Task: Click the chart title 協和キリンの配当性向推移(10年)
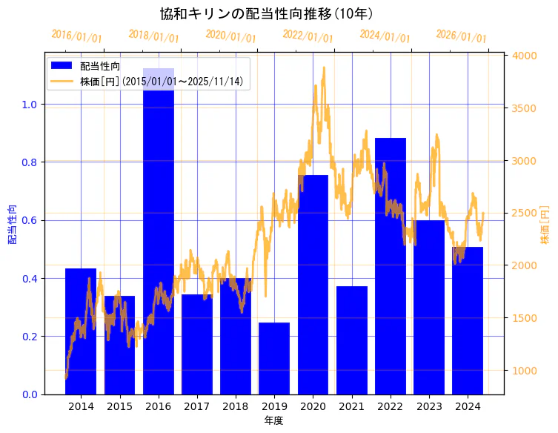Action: pos(266,13)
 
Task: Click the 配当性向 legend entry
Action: pos(100,66)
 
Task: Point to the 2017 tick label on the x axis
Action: pos(196,407)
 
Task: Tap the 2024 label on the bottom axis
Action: pos(467,407)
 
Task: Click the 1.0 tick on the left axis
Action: pos(30,105)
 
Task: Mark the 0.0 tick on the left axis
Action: pos(30,394)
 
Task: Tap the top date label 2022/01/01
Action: pos(308,36)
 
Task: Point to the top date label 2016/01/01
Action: pos(76,36)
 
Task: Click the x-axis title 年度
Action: pos(273,420)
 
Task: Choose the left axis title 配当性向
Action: pos(12,225)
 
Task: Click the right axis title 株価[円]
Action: pos(545,225)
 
